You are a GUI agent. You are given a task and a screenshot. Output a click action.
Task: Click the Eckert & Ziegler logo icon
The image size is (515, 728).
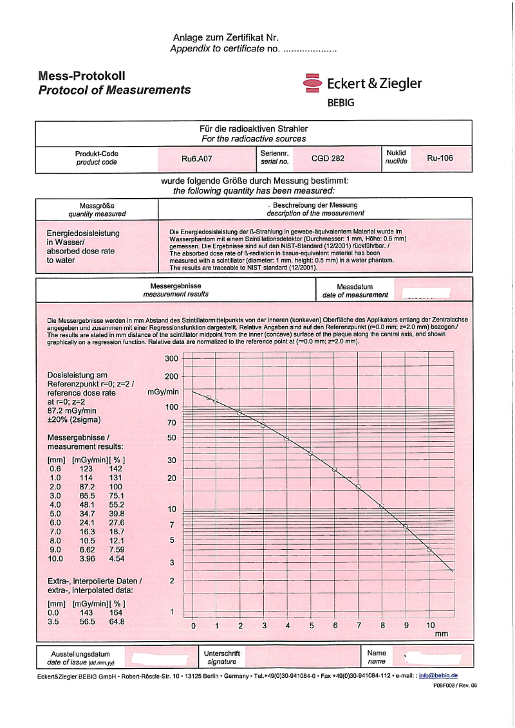[x=312, y=84]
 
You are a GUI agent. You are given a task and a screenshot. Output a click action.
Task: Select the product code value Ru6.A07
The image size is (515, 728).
[x=196, y=158]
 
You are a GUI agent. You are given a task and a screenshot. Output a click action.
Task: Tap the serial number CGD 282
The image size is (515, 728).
[x=328, y=158]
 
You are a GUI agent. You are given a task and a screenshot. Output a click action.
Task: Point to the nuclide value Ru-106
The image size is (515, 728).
[x=440, y=158]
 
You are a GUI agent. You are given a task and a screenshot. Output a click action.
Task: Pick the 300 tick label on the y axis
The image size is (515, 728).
[x=171, y=359]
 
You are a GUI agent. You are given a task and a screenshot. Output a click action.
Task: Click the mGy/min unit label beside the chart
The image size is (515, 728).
[x=163, y=392]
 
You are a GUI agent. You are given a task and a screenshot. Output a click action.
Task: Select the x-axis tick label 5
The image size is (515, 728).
[x=312, y=625]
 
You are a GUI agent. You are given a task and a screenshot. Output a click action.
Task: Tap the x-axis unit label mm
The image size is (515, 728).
[x=441, y=634]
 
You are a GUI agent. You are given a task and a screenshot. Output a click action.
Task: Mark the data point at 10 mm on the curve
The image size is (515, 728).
[x=429, y=549]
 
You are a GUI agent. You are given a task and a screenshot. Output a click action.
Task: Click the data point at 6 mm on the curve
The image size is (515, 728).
[x=335, y=469]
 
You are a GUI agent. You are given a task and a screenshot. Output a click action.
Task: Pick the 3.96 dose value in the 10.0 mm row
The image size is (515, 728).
[x=86, y=559]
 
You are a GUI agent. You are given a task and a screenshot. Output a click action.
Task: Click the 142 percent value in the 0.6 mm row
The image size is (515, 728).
[x=116, y=469]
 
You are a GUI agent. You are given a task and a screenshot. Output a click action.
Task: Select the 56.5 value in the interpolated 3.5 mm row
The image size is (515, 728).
[x=86, y=622]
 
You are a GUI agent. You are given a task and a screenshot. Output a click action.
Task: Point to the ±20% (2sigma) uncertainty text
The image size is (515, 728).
[x=75, y=421]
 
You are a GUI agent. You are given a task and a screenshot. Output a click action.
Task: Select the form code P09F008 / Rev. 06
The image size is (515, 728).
[x=455, y=686]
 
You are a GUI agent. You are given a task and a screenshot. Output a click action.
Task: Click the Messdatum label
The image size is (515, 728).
[x=355, y=287]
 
